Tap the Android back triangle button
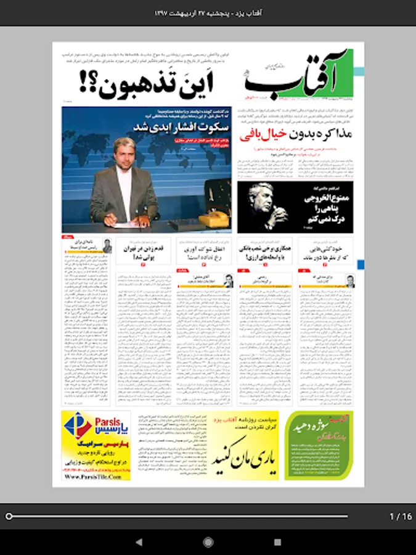tap(138, 542)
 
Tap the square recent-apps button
tap(277, 542)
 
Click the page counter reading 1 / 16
tap(401, 516)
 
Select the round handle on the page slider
tap(9, 516)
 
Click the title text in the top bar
tap(208, 12)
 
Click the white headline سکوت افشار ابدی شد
tap(181, 127)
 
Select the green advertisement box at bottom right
tap(319, 445)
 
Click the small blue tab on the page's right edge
tap(361, 265)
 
